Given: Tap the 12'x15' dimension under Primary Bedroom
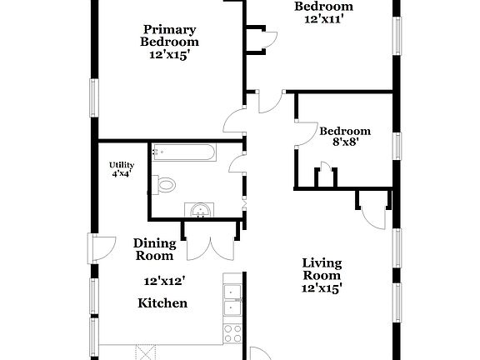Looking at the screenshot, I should tap(169, 55).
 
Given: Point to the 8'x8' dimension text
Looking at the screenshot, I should tap(345, 142).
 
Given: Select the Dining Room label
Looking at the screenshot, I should tap(155, 249).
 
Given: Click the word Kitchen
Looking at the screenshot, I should tap(162, 303).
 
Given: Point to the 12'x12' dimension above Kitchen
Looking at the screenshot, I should tap(164, 282).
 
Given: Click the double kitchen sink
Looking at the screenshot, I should tap(232, 299).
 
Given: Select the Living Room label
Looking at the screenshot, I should tap(322, 269).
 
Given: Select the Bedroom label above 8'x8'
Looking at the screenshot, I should tap(345, 131).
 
